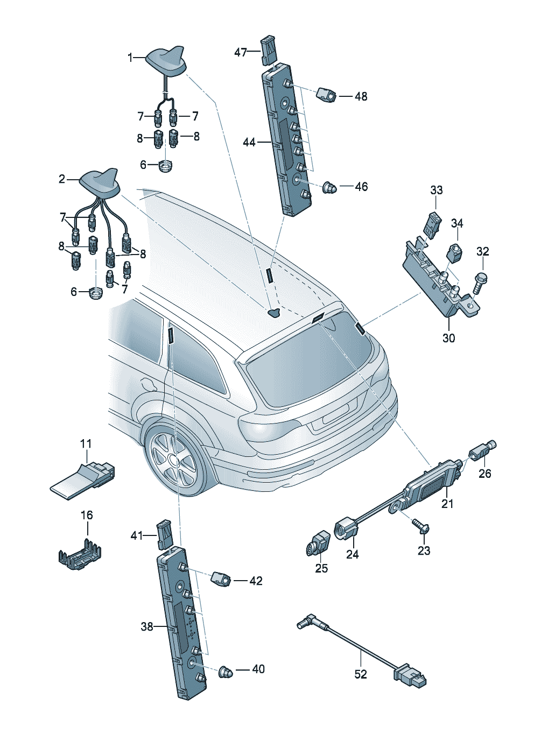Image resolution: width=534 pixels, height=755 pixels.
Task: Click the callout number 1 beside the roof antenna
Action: point(130,58)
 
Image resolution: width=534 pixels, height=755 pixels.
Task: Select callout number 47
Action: point(241,52)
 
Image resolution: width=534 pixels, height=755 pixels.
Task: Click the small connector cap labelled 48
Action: point(326,95)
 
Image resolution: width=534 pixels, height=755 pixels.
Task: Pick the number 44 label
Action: point(249,142)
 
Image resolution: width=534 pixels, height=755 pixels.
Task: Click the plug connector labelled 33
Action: point(432,224)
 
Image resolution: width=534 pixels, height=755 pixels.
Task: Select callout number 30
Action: point(448,338)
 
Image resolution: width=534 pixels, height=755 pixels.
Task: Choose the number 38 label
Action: point(147,626)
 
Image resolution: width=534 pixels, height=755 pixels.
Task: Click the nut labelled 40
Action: point(225,671)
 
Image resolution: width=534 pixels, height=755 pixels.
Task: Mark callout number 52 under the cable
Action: point(360,674)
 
